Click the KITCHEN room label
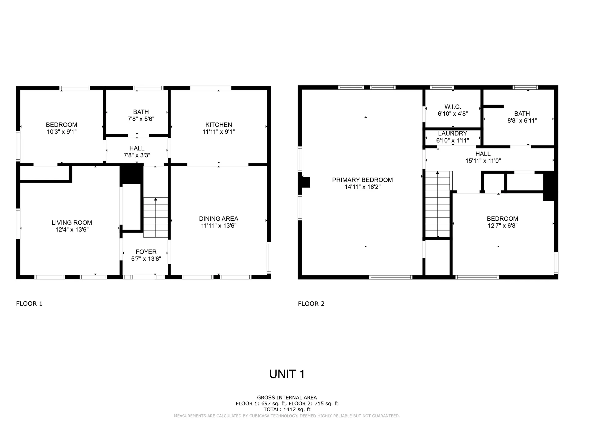tap(218, 125)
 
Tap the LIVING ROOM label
tap(72, 222)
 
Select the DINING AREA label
tap(218, 219)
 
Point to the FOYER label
tap(146, 252)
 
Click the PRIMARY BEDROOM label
tap(362, 180)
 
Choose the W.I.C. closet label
tap(453, 107)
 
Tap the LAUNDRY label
tap(452, 133)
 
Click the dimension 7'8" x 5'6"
tap(141, 119)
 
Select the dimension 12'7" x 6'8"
tap(502, 226)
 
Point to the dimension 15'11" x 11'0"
tap(483, 161)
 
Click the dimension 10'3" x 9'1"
tap(62, 132)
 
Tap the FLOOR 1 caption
tap(29, 304)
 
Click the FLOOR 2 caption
tap(311, 304)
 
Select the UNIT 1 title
tap(287, 374)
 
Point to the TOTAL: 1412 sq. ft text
tap(287, 409)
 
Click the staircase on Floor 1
tap(156, 218)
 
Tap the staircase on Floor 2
tap(437, 204)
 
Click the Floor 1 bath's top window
tap(148, 88)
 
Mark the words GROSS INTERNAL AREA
tap(287, 398)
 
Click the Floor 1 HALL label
tap(137, 148)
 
